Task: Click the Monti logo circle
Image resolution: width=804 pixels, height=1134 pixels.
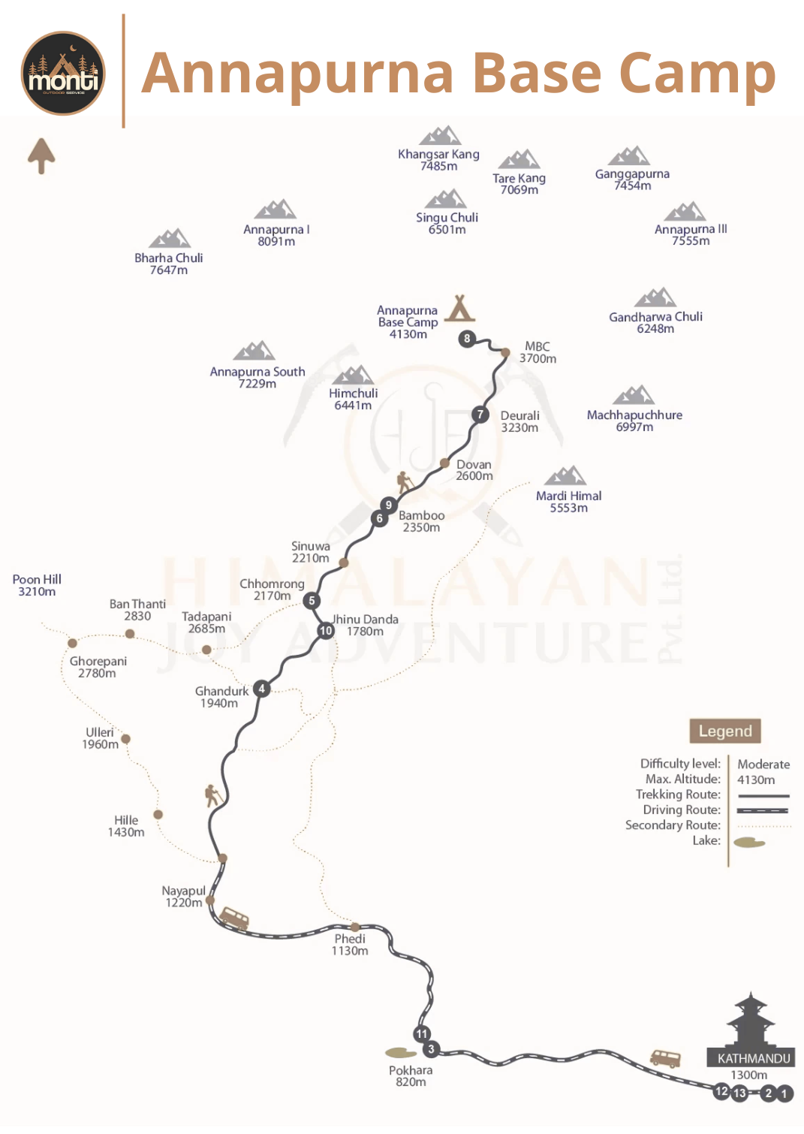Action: pyautogui.click(x=63, y=73)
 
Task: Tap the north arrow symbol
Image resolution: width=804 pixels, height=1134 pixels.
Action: pyautogui.click(x=41, y=155)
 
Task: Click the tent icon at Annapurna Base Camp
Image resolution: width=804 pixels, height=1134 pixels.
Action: pyautogui.click(x=459, y=309)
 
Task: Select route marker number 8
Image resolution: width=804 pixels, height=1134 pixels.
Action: pyautogui.click(x=467, y=339)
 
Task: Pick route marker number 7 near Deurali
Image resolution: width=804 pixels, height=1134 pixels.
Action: pyautogui.click(x=480, y=415)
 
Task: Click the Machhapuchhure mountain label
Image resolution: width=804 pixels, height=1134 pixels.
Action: pyautogui.click(x=634, y=421)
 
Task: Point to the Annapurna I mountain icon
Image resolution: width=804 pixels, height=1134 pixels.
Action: pyautogui.click(x=276, y=210)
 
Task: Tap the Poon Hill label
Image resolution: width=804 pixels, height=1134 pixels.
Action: pyautogui.click(x=37, y=585)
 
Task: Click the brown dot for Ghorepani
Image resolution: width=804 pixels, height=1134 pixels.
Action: pyautogui.click(x=73, y=643)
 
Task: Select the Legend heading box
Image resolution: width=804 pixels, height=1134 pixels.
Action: pyautogui.click(x=725, y=731)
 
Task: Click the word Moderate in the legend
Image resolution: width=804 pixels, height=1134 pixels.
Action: pyautogui.click(x=763, y=765)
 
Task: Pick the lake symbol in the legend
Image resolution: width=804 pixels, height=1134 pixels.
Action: pyautogui.click(x=749, y=843)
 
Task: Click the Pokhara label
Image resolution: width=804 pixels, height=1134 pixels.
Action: pyautogui.click(x=411, y=1075)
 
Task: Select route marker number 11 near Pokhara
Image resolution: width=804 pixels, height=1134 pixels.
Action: pyautogui.click(x=422, y=1034)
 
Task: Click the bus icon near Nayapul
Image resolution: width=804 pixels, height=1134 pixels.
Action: pyautogui.click(x=234, y=918)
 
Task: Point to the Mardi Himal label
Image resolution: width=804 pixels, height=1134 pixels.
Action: pyautogui.click(x=568, y=502)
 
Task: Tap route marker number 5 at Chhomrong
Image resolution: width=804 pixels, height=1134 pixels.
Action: pyautogui.click(x=312, y=601)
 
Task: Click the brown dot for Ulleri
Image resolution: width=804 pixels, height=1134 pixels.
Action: pyautogui.click(x=126, y=739)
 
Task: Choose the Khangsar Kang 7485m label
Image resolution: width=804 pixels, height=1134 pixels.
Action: pyautogui.click(x=438, y=160)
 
